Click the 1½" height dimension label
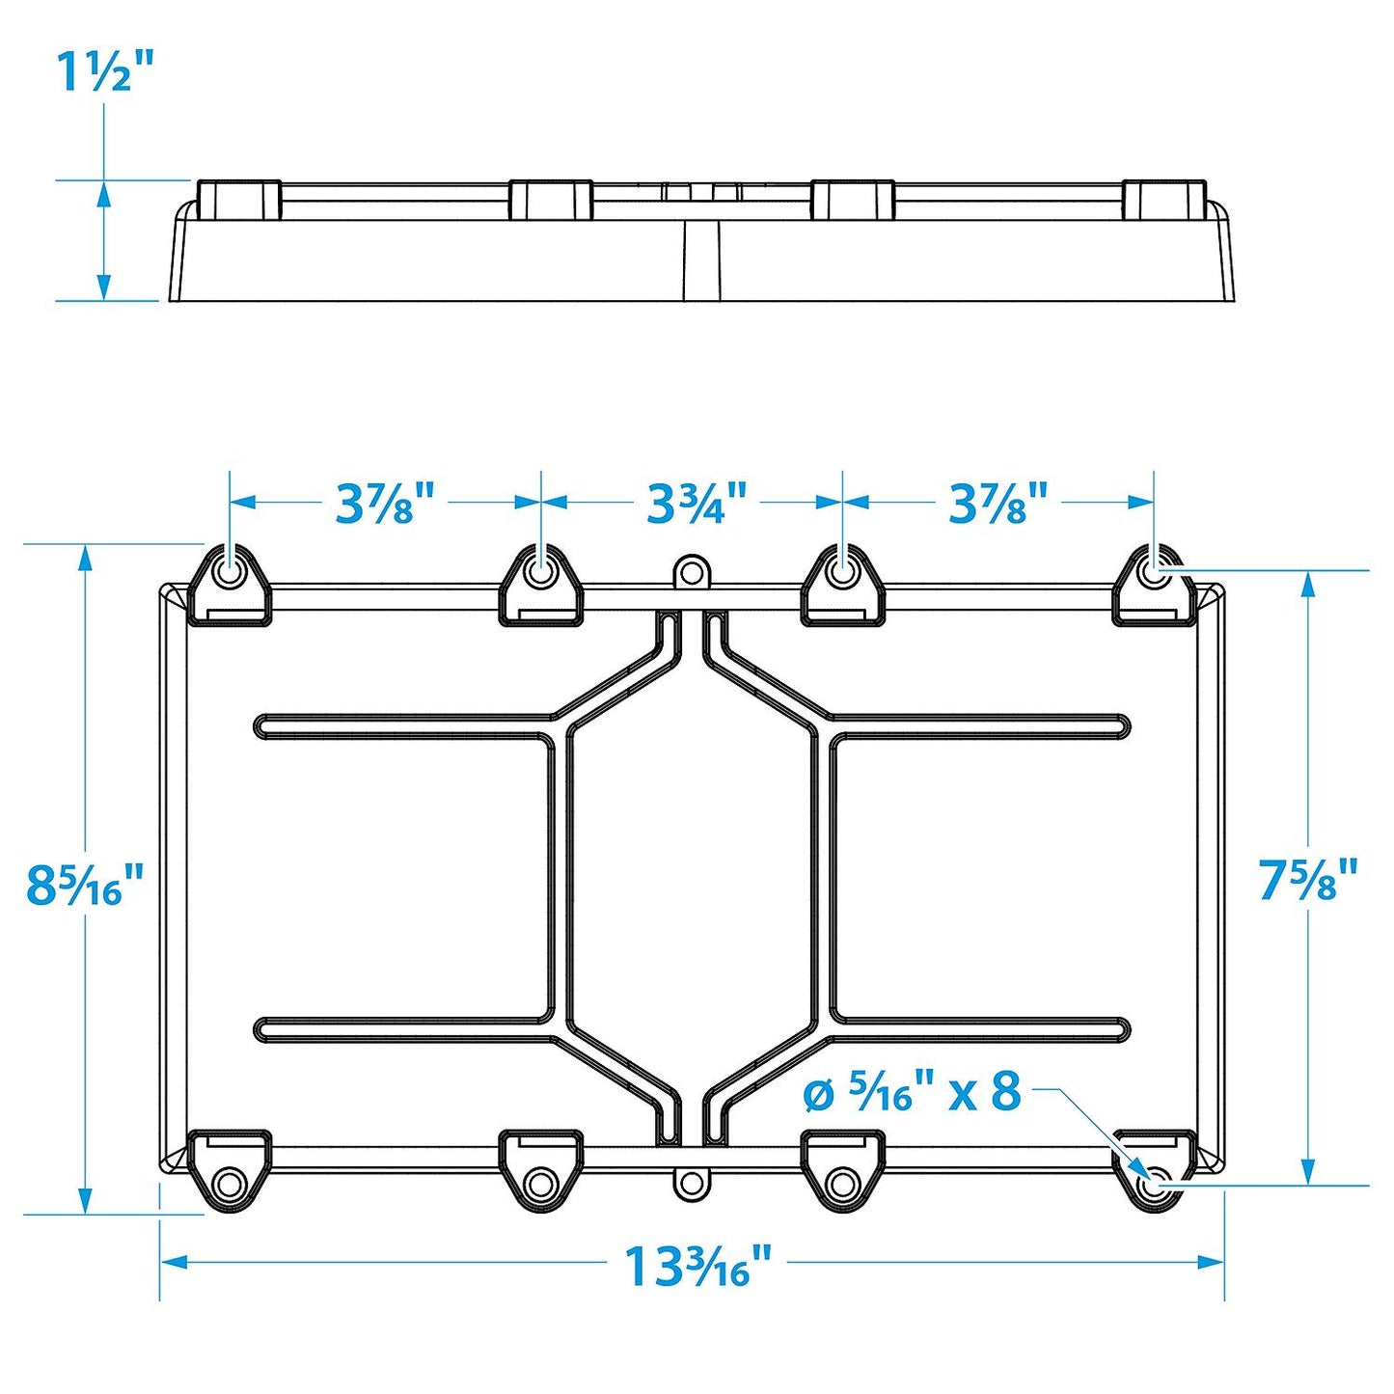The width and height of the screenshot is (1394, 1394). click(105, 72)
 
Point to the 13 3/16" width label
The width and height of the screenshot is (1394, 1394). click(697, 1266)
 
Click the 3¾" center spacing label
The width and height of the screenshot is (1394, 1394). click(696, 504)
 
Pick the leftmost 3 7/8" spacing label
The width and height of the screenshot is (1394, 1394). click(385, 504)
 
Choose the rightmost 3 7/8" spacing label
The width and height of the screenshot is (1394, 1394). click(998, 504)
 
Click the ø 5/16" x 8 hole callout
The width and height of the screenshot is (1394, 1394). click(912, 1093)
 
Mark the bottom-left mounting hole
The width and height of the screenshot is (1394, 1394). click(230, 1183)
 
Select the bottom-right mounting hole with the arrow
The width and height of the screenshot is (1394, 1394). click(1154, 1182)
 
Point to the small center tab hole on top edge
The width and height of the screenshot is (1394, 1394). click(690, 572)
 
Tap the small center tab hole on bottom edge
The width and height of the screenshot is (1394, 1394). click(690, 1182)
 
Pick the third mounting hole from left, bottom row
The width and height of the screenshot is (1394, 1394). click(843, 1183)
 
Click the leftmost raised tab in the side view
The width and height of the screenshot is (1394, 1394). click(238, 199)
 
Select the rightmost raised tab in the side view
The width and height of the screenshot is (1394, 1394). click(1164, 199)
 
